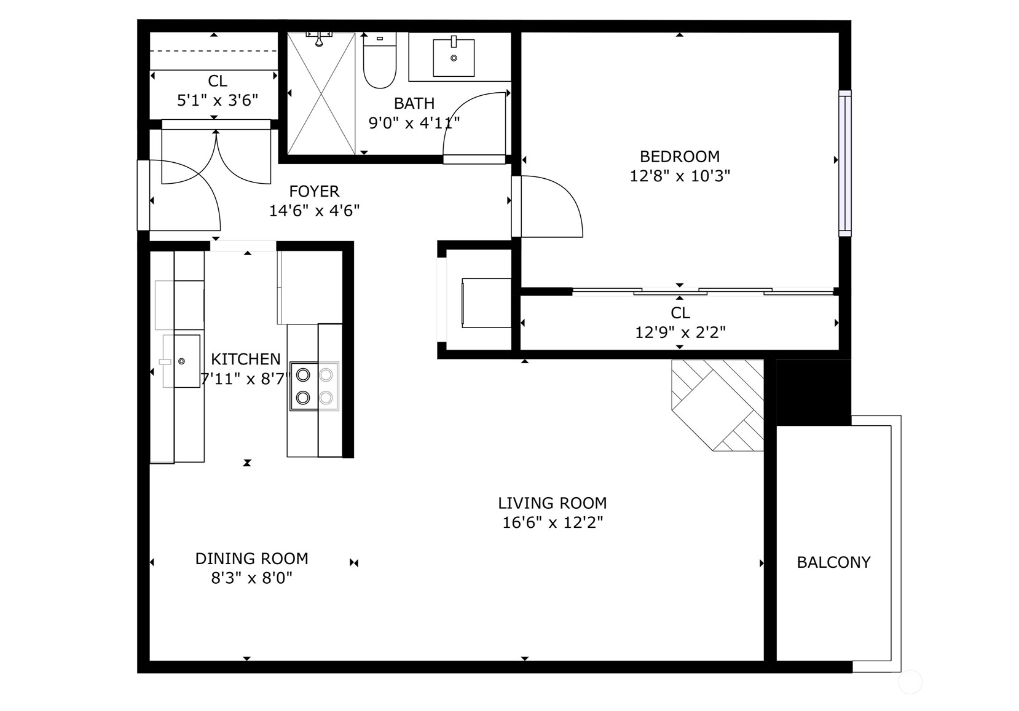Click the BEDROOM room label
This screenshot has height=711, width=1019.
680,157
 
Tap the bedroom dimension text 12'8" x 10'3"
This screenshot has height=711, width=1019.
680,176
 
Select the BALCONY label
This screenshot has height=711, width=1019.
833,562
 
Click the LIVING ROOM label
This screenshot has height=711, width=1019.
553,503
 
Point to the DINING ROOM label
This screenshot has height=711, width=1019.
251,559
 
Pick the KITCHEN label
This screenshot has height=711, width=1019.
246,359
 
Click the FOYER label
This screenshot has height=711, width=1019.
314,191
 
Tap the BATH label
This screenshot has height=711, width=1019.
414,103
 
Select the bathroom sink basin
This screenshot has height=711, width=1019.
454,57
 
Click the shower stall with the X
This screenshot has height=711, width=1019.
321,93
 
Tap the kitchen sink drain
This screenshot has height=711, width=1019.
181,361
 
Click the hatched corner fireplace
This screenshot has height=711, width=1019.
717,406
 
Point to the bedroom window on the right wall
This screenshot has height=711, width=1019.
845,163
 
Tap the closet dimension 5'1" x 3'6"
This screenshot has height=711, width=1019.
218,100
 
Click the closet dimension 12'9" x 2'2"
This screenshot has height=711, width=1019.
680,332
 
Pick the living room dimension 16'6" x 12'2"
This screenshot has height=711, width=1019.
553,523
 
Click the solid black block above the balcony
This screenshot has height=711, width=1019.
813,392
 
